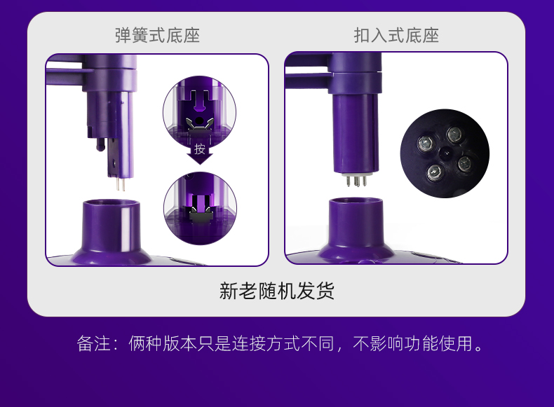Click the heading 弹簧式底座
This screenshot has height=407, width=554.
click(157, 36)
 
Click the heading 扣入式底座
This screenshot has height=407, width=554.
click(396, 36)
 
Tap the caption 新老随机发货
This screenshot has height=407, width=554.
click(276, 291)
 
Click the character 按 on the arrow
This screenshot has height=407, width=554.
click(200, 149)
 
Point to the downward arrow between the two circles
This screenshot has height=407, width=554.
click(200, 153)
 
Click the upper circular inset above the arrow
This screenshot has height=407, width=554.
click(200, 112)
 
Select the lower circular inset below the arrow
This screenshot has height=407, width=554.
click(201, 208)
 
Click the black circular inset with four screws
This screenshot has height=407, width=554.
click(445, 153)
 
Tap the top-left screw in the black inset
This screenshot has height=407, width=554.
click(426, 144)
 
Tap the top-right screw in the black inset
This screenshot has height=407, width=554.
click(454, 134)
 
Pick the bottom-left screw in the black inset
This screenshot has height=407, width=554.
click(435, 172)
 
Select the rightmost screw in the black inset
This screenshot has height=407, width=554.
click(465, 164)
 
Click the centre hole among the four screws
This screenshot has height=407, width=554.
click(445, 153)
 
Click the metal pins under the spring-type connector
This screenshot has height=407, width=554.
click(121, 184)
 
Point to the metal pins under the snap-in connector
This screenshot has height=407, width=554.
click(356, 181)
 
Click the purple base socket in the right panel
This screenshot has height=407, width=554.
click(356, 230)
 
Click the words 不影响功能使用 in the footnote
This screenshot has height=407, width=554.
click(412, 343)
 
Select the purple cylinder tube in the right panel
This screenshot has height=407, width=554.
click(356, 133)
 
